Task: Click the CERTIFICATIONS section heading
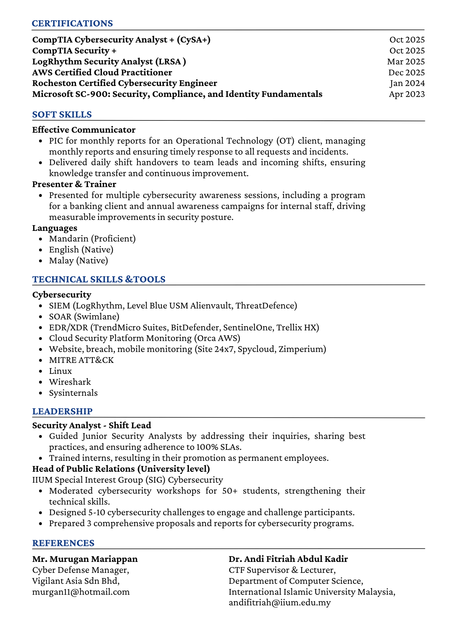point(73,24)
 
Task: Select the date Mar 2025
point(406,62)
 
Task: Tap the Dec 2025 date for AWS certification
point(406,72)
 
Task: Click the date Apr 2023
point(407,94)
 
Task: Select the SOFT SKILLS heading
point(62,115)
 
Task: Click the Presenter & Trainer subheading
point(74,184)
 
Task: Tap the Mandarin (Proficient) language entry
point(92,239)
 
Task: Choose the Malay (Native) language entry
point(78,260)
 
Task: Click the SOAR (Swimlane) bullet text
point(84,317)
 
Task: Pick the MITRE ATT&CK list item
point(81,360)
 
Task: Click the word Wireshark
point(70,382)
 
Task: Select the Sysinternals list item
point(73,393)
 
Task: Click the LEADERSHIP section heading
point(62,412)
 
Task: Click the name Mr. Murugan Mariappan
point(85,559)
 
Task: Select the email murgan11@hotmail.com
point(81,592)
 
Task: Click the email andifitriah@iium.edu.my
point(280,603)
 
